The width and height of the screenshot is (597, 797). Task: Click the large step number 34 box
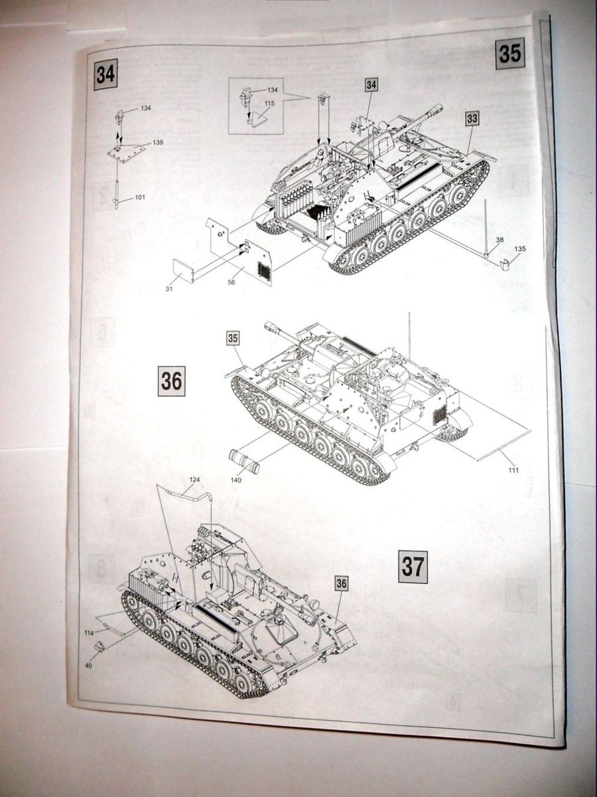(x=105, y=74)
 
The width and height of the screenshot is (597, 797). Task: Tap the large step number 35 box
(x=509, y=52)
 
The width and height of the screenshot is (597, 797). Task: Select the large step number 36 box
(x=170, y=381)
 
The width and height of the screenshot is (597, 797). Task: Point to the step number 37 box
(x=413, y=567)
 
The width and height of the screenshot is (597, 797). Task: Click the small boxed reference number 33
(x=472, y=118)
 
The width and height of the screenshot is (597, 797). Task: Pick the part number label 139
(x=157, y=143)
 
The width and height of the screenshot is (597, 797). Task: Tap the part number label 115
(x=270, y=103)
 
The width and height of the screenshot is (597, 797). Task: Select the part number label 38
(x=499, y=240)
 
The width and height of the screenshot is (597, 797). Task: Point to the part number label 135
(x=520, y=249)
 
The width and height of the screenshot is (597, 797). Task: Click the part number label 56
(x=232, y=282)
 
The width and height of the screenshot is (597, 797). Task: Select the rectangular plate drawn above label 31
(x=184, y=271)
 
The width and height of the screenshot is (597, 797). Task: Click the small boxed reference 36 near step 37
(x=341, y=583)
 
